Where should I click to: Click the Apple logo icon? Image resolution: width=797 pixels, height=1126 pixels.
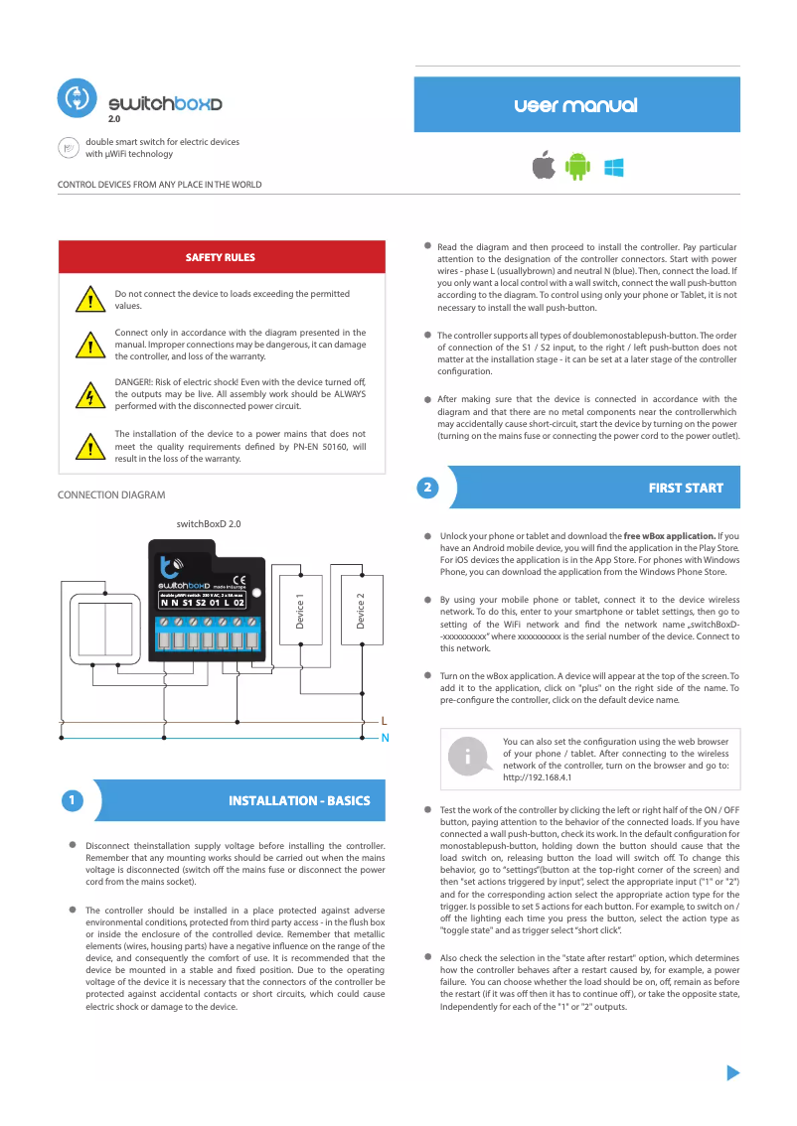pos(543,166)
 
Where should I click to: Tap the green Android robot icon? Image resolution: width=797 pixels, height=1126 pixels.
pos(577,167)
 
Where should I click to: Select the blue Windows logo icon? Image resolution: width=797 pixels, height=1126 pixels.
pos(613,167)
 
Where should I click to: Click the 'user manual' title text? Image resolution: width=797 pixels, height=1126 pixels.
pos(576,105)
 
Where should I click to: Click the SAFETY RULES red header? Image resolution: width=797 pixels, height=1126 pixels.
pos(221,257)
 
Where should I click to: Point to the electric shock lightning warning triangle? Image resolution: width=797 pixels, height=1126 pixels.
pos(90,396)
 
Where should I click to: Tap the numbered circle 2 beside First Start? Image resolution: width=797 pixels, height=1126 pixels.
pos(426,488)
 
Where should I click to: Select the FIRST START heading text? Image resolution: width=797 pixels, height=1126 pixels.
pos(686,488)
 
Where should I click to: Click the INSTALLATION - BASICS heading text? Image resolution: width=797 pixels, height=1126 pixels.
pos(299,800)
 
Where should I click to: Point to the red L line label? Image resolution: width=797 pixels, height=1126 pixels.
pos(385,720)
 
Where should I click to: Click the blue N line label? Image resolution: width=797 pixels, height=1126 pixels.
pos(385,738)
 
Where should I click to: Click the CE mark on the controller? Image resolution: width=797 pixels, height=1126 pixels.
pos(239,580)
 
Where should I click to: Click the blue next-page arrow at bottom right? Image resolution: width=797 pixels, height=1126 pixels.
pos(733,1072)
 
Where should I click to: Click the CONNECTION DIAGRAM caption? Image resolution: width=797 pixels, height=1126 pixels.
pos(111,494)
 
